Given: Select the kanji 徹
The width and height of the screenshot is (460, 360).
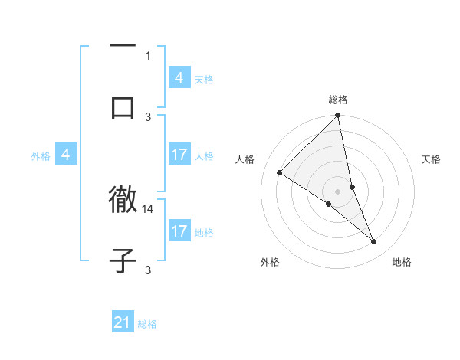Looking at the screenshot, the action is [123, 201].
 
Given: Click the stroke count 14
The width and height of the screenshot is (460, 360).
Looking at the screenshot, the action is [149, 208].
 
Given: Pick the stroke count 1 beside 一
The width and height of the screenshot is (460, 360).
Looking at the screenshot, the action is [148, 55].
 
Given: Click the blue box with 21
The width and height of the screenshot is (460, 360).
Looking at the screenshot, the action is [123, 322].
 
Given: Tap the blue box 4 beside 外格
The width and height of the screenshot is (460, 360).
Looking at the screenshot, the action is [65, 155].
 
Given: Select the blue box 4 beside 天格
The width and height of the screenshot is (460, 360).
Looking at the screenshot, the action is [179, 78].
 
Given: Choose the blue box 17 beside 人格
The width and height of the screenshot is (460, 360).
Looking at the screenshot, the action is [179, 155].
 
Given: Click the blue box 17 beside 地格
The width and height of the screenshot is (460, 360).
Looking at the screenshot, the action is [179, 231].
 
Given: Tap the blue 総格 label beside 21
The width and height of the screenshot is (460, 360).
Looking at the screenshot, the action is [147, 324].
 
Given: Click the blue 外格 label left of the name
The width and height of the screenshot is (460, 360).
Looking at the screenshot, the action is [41, 156].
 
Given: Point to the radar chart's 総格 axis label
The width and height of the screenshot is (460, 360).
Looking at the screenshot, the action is [338, 100].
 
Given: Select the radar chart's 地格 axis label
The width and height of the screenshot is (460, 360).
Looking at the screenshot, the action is [402, 263].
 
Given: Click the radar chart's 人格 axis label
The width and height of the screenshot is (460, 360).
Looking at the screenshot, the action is [245, 159].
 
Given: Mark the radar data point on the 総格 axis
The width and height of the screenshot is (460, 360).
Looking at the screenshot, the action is [338, 116].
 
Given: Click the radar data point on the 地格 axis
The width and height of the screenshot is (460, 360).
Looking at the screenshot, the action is [374, 242].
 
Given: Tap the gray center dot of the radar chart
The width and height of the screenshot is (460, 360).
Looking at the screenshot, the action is [338, 191].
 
